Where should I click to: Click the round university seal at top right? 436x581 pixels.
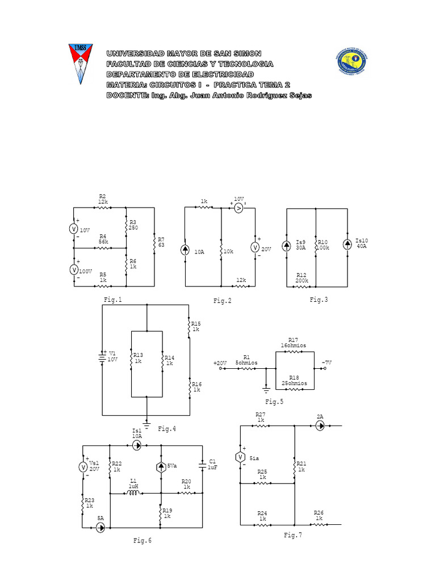coord(354,62)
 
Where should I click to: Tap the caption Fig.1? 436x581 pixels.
coord(112,300)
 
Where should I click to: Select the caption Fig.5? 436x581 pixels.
coord(274,402)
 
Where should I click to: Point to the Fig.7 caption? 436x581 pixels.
coord(293,534)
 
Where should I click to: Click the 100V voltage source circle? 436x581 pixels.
coord(74,270)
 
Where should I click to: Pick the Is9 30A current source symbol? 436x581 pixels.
coord(287,245)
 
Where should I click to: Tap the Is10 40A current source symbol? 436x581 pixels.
coord(347,243)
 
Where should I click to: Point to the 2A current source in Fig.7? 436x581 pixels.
coord(320,426)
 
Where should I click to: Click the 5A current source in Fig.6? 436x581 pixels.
coord(100,528)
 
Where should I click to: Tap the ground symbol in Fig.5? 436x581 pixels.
coord(266,389)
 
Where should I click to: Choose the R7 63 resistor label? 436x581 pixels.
coord(161,242)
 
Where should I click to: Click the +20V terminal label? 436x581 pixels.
coord(220,363)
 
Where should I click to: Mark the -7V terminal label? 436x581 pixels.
coord(326,362)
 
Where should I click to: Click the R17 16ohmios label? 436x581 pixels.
coord(293,342)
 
